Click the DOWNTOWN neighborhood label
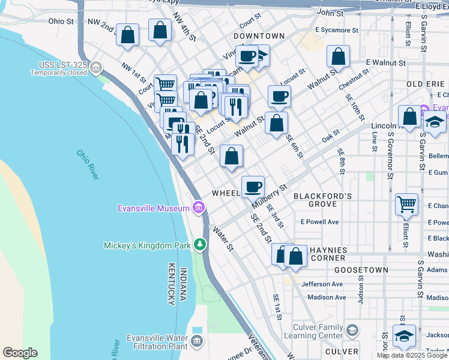click(259, 36)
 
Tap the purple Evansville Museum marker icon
click(198, 208)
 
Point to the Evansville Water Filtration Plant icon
click(197, 342)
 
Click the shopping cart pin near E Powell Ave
click(406, 204)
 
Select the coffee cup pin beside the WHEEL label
click(253, 186)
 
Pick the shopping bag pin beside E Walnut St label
click(339, 57)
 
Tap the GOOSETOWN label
click(361, 271)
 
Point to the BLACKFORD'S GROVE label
click(322, 200)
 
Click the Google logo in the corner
click(20, 353)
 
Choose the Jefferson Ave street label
click(322, 284)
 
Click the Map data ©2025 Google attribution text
click(412, 355)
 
